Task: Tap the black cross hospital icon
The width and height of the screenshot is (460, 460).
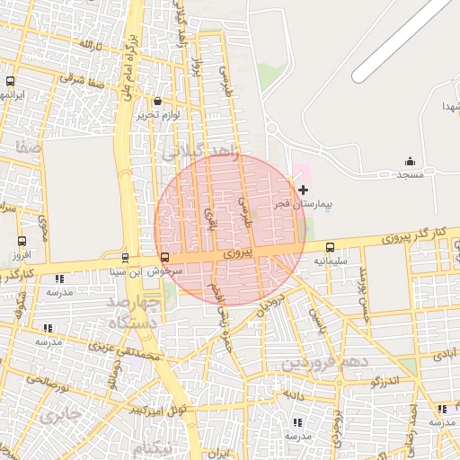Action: pos(303,190)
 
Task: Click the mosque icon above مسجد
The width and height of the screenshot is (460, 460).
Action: pos(411,162)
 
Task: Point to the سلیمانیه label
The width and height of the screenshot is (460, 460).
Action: pos(331,261)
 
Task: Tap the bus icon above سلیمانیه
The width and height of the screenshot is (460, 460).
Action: pos(330,247)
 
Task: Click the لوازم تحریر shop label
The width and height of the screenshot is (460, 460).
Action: pos(159,115)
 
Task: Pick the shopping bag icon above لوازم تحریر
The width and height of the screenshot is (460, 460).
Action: pos(159,102)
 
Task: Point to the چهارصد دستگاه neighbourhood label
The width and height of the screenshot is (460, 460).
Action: pos(136,312)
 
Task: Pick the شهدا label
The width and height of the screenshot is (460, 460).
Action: pos(447,107)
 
